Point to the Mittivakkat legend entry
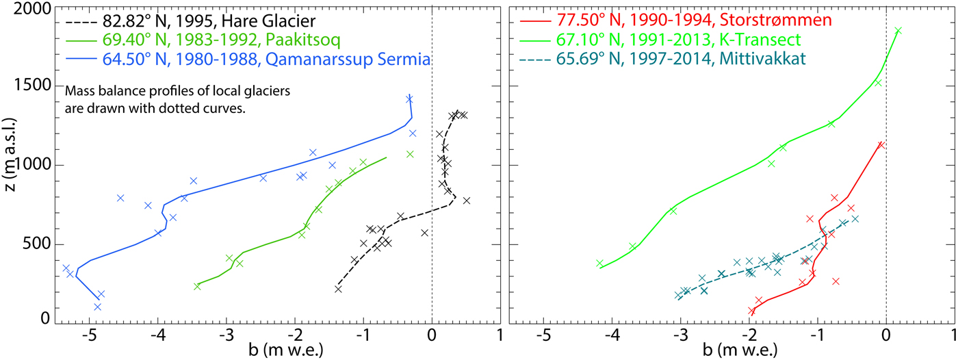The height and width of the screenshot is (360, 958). (x=674, y=60)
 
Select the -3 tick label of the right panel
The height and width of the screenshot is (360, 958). (x=679, y=336)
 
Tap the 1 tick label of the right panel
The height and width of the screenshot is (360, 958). (x=955, y=336)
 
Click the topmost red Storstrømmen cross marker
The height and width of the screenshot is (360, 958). (x=881, y=144)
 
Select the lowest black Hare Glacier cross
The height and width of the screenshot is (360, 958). (x=338, y=289)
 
